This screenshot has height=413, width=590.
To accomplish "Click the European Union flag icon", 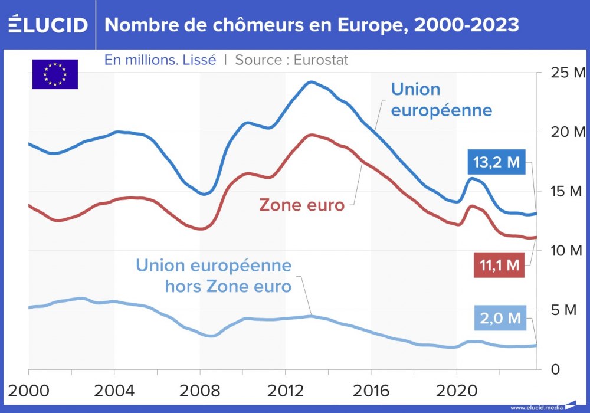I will [55, 74].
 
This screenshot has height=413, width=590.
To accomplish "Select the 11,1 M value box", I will [499, 265].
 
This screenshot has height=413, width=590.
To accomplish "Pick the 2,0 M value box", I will [499, 319].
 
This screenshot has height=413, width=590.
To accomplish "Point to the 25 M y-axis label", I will [565, 73].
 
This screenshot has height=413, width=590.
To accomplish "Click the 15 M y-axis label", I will [565, 191].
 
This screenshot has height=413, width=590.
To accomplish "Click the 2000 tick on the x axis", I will [28, 391].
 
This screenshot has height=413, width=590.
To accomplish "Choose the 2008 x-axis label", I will [199, 391].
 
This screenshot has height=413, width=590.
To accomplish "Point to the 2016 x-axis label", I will [371, 391].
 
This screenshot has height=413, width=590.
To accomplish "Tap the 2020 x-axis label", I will [456, 391].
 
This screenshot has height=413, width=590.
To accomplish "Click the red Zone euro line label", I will [301, 205].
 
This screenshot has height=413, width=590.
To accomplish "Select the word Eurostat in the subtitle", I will [321, 60].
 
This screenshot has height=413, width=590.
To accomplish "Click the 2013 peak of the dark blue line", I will [312, 81].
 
